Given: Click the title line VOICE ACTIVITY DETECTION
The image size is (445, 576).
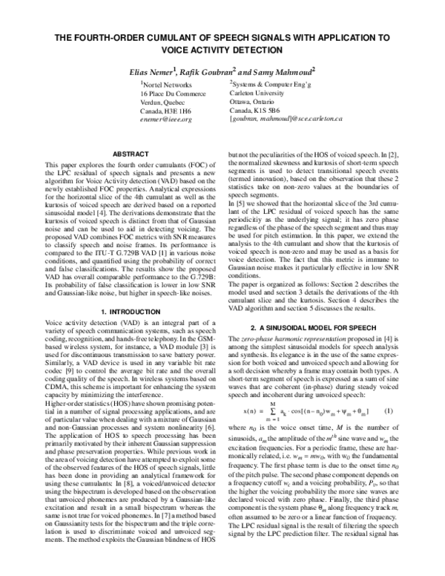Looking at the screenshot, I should [222, 50].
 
